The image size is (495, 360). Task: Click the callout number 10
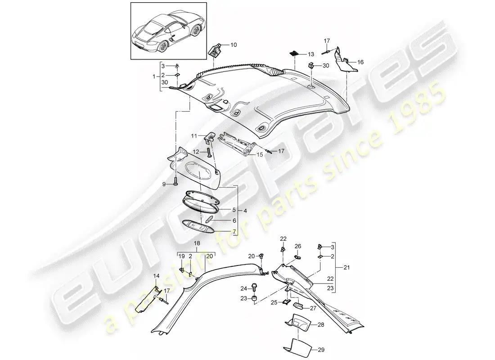point(233,45)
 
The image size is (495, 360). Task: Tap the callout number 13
point(311,54)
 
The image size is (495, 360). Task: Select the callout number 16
point(360,62)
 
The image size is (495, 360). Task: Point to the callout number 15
point(260,155)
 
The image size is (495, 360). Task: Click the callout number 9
point(163,184)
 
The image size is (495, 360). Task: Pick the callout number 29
point(321,350)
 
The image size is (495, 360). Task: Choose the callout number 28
point(321,324)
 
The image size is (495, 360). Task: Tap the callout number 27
point(313,308)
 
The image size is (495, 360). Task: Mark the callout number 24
point(244,288)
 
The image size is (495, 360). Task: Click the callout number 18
point(197,243)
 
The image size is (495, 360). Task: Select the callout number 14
point(157,276)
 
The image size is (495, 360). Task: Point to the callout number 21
point(346,268)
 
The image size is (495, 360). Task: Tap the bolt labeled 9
point(175,181)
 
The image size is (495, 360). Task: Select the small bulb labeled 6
point(209,219)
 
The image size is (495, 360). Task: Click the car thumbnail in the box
point(168,31)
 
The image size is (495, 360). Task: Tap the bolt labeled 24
point(254,288)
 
